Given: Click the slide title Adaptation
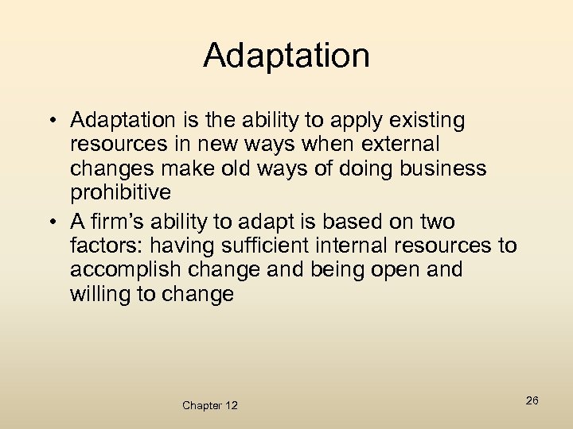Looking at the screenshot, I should click(286, 56).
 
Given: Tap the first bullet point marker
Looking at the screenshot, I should click(50, 121).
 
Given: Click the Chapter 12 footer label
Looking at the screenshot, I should click(209, 405).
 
